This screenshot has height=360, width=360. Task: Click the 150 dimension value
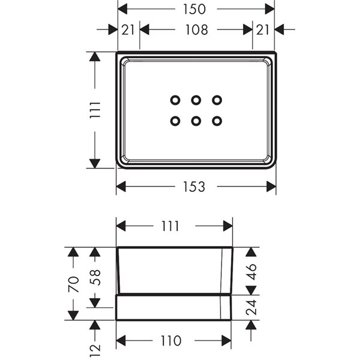pyautogui.click(x=195, y=9)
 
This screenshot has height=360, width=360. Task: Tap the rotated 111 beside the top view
pyautogui.click(x=95, y=110)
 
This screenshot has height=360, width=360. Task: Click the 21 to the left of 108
pyautogui.click(x=128, y=29)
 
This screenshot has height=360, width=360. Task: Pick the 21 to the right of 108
pyautogui.click(x=262, y=29)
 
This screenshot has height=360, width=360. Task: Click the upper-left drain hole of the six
pyautogui.click(x=175, y=100)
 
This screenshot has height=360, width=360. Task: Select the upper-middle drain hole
pyautogui.click(x=196, y=100)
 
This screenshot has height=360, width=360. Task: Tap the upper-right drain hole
pyautogui.click(x=217, y=100)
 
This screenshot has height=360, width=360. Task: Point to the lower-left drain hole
pyautogui.click(x=175, y=121)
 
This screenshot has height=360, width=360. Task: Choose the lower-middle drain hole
pyautogui.click(x=196, y=121)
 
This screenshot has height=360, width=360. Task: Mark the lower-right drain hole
pyautogui.click(x=217, y=121)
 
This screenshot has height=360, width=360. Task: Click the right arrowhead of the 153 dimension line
pyautogui.click(x=271, y=187)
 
